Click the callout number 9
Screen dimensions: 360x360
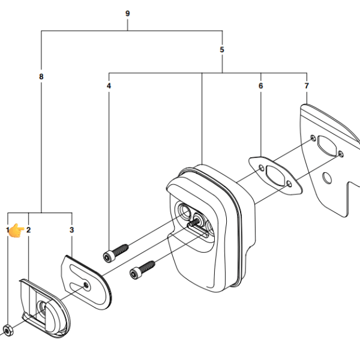[127, 14]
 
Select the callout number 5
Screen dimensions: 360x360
[222, 50]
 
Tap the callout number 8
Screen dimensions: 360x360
[41, 76]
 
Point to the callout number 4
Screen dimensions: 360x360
[109, 86]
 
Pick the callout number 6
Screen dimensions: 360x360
[260, 86]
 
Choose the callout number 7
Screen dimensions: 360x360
[307, 86]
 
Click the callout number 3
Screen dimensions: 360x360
[71, 230]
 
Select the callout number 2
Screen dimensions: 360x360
[28, 230]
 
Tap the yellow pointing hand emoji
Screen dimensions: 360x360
[16, 230]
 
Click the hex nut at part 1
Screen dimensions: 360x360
[8, 331]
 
